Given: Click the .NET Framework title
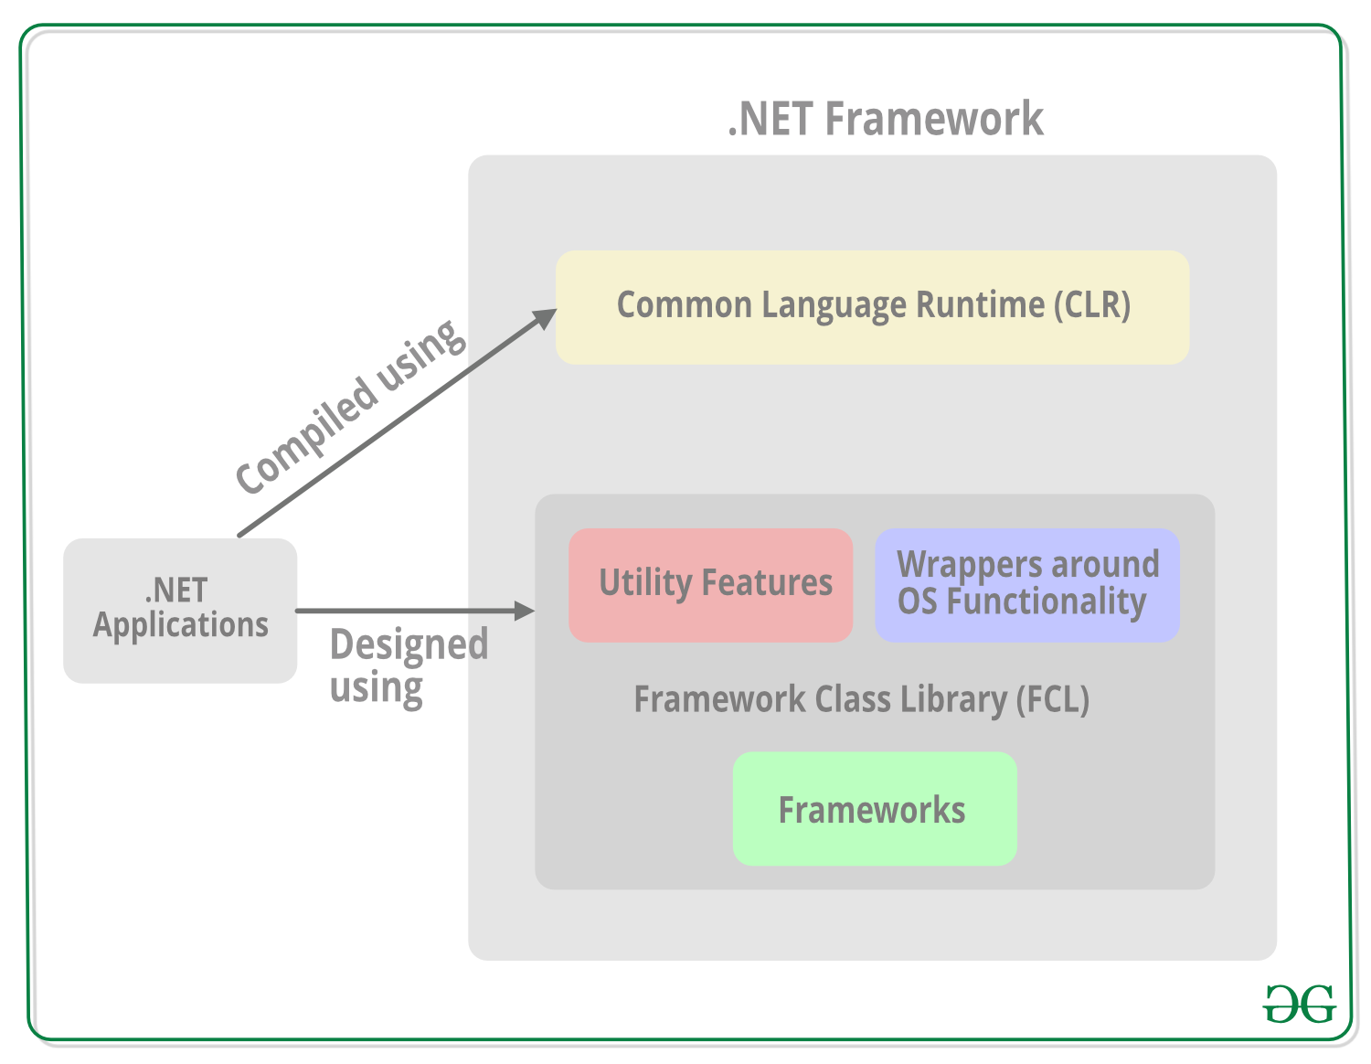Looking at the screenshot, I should (885, 119).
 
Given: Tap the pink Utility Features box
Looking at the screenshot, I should (710, 585).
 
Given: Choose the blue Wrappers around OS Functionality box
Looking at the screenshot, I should (1027, 584).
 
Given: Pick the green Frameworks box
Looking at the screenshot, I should (874, 810).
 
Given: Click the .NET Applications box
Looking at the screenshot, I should (180, 609).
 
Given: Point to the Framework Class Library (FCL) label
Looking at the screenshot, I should (861, 699).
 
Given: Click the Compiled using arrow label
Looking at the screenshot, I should (351, 407).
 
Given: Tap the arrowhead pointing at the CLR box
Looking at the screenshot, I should (546, 319).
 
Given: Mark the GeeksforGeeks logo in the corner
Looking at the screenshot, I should (1299, 1004).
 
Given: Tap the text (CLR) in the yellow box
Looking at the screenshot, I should (1092, 305).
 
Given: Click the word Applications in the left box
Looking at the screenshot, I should (180, 625).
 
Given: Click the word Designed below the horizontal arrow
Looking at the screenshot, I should (409, 644).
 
